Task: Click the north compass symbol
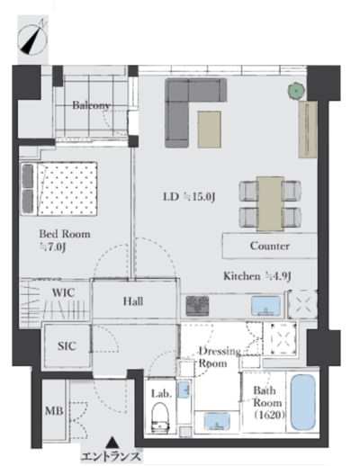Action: pos(32,39)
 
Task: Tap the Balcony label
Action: pos(92,105)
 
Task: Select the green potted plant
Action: pos(296,90)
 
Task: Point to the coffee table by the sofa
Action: pos(210,130)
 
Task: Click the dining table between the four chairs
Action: pos(270,203)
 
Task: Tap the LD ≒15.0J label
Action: pos(189,197)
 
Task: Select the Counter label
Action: pos(270,246)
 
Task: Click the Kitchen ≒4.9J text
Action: pos(257,276)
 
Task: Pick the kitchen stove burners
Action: pos(197,306)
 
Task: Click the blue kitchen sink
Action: pos(265,306)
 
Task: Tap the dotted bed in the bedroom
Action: pos(58,189)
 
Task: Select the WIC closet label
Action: pos(63,292)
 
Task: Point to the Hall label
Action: pos(133,301)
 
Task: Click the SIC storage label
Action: pos(67,346)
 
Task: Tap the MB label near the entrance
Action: pos(54,410)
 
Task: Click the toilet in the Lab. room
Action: pos(159,417)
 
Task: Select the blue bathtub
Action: pos(303,402)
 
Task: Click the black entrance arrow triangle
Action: pos(112,442)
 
